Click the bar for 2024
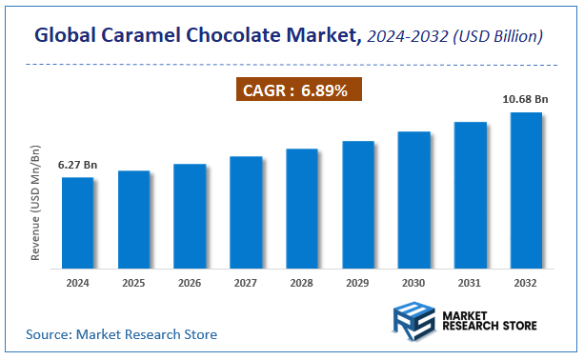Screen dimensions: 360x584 [77, 222]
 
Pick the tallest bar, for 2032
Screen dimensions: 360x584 [526, 190]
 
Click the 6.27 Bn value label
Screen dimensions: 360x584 [77, 165]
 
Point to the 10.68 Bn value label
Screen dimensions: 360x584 [525, 98]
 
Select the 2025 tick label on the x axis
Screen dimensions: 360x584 [133, 283]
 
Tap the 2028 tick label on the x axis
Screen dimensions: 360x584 [302, 283]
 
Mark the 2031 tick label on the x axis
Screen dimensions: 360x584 [470, 283]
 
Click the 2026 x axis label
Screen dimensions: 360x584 [190, 283]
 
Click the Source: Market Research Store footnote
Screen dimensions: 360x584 [121, 334]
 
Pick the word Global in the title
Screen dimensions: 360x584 [68, 37]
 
